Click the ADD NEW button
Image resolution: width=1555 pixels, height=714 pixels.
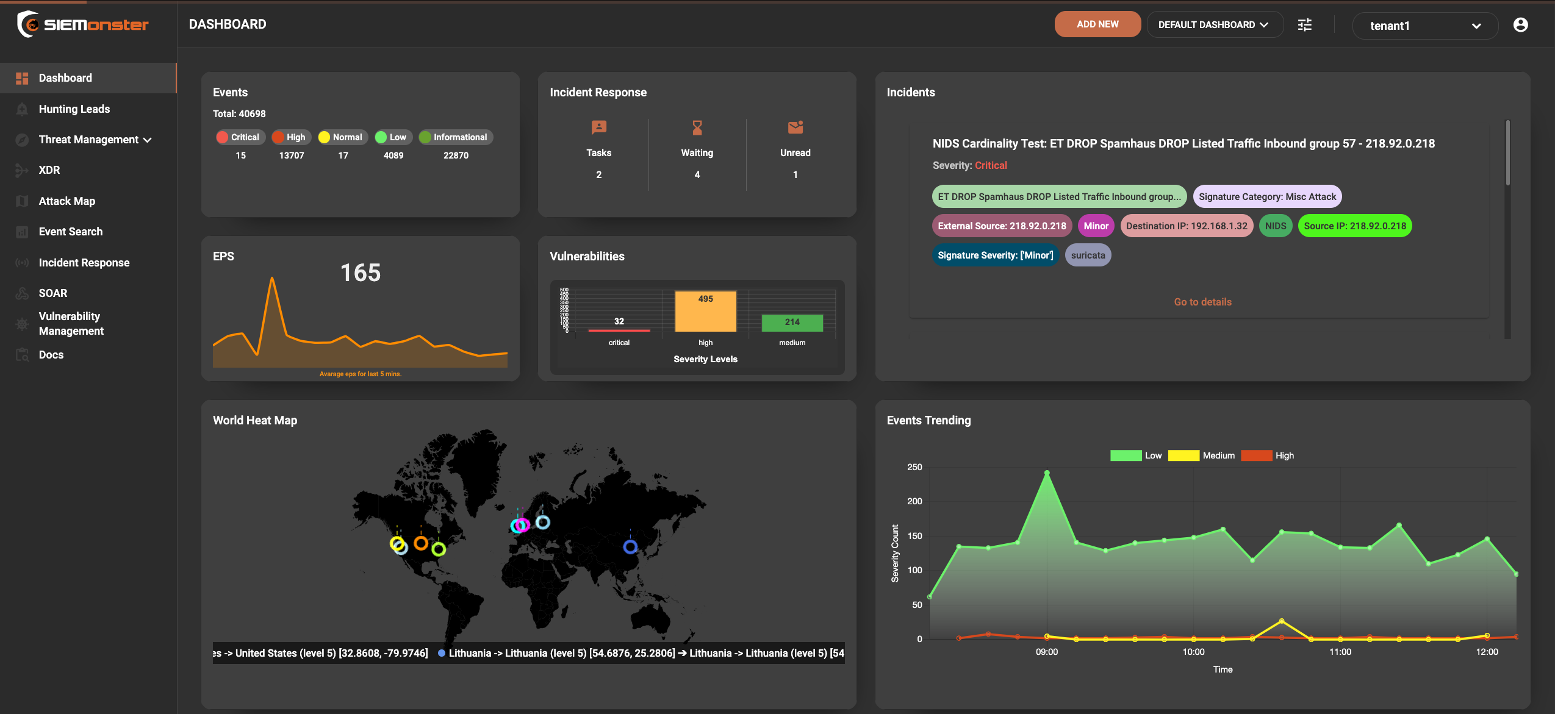click(1097, 24)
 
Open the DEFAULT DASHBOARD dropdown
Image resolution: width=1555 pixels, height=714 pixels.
click(1214, 25)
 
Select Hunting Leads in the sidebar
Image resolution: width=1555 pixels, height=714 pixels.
click(74, 109)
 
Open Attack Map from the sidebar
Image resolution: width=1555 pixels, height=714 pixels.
click(66, 201)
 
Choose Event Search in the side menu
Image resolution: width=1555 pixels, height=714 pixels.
click(70, 232)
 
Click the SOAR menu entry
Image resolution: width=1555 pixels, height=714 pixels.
click(52, 293)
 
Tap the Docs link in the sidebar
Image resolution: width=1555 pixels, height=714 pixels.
click(51, 355)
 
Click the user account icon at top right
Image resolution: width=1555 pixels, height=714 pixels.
click(1520, 24)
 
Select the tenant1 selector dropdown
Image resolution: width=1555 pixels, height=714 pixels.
click(1424, 26)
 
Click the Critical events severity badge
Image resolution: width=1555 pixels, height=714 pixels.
click(239, 137)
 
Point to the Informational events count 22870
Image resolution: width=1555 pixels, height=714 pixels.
click(456, 155)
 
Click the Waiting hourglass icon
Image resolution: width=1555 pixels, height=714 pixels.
click(697, 128)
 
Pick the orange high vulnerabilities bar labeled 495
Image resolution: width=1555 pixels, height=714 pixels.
click(705, 311)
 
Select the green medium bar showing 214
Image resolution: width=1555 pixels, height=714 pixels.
click(792, 323)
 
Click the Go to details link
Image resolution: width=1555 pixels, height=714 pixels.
click(1202, 302)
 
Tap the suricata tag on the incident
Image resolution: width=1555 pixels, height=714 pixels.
click(1088, 255)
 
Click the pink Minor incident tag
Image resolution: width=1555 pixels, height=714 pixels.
click(1096, 226)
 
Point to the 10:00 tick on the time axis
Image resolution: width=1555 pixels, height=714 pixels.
click(1193, 652)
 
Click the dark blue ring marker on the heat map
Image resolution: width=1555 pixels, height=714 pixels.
click(630, 546)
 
